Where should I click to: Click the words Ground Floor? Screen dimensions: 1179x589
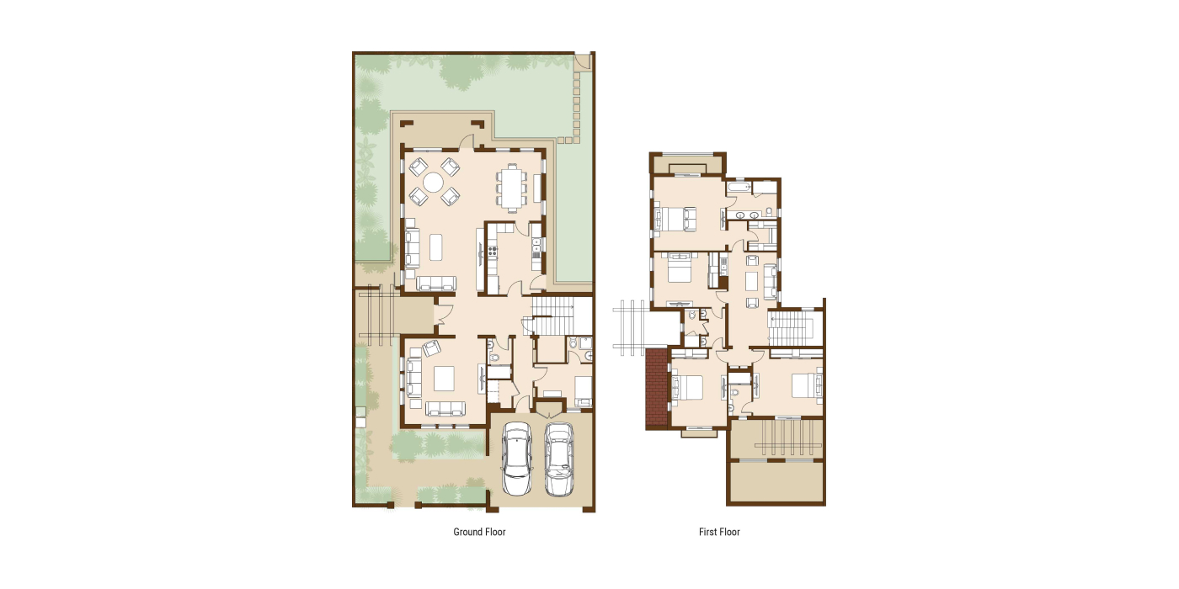click(479, 532)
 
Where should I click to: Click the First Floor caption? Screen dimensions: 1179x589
click(719, 532)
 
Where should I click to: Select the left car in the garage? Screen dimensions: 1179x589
click(517, 459)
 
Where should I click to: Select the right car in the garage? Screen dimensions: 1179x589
click(558, 459)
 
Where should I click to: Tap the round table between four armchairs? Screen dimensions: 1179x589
click(434, 183)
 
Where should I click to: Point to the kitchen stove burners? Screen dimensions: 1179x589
click(493, 252)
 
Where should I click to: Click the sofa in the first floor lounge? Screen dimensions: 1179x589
click(770, 281)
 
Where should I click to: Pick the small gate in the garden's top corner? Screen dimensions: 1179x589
click(582, 61)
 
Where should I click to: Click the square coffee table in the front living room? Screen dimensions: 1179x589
click(444, 379)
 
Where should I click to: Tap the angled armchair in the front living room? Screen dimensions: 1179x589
click(431, 348)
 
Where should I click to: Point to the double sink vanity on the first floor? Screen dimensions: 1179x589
click(748, 215)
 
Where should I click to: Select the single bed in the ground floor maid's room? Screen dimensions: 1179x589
click(583, 392)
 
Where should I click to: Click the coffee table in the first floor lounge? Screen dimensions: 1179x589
click(751, 281)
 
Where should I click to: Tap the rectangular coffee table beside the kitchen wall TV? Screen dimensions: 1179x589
click(436, 247)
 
